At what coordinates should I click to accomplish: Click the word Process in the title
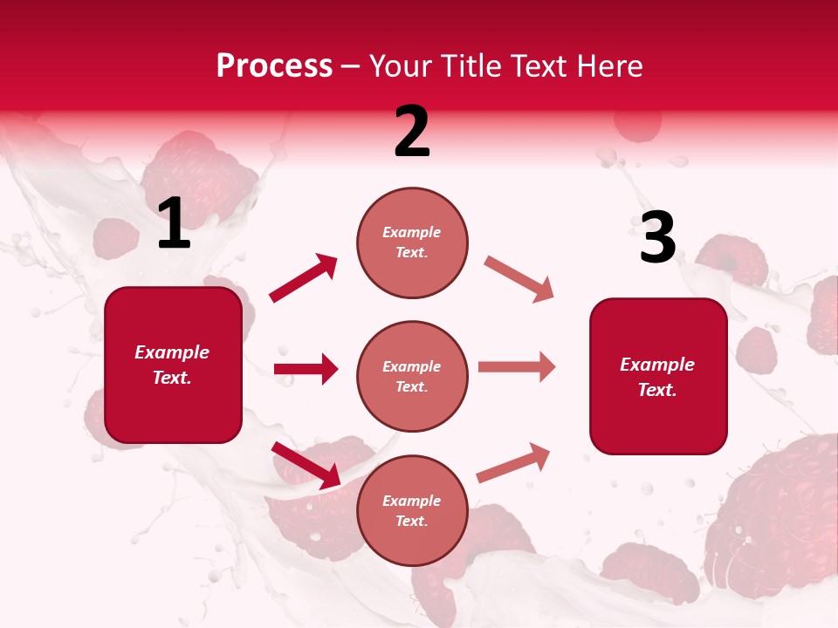274,66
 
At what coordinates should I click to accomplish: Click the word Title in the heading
467,66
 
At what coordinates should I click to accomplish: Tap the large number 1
174,224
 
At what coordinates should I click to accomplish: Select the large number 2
412,132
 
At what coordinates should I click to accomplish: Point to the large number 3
657,238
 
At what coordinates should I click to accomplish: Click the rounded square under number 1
173,365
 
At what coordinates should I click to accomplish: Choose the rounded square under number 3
658,376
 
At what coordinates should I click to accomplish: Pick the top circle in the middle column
412,242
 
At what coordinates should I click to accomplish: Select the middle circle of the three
412,376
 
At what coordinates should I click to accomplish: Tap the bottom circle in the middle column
412,510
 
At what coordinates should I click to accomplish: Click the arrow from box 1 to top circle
303,278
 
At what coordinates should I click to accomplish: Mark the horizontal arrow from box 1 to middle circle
306,369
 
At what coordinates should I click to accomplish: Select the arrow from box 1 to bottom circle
306,465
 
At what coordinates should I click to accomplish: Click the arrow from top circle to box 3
519,279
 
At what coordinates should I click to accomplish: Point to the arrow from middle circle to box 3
517,367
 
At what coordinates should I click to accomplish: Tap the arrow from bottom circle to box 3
513,462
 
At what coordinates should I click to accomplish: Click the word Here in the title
609,66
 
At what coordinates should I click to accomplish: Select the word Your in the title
401,66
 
